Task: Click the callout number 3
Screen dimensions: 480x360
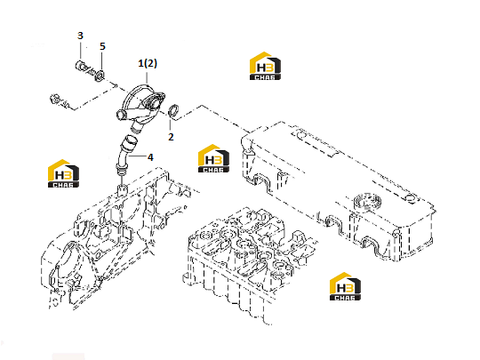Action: point(80,36)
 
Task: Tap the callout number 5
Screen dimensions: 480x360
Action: point(102,46)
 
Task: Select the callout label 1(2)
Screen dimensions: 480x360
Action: point(148,63)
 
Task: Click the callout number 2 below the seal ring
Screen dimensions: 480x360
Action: point(171,137)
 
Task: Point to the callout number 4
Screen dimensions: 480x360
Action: point(150,157)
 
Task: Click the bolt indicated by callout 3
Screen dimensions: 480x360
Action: point(84,68)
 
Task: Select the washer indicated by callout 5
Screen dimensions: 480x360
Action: point(100,76)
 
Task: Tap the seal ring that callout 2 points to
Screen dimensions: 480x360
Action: point(174,110)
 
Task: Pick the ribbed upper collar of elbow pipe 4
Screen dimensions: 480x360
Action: point(130,141)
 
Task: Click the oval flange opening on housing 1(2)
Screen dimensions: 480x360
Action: point(156,100)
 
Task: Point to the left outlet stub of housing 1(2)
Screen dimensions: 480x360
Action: point(121,115)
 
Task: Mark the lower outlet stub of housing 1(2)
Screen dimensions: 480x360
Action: point(136,127)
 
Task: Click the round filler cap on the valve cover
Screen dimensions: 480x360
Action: point(368,201)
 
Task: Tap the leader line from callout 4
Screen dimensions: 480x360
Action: point(138,156)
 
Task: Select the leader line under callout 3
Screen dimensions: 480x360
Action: point(81,51)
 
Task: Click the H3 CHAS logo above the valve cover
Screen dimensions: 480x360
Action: point(265,66)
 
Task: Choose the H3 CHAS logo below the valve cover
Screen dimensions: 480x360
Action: point(345,286)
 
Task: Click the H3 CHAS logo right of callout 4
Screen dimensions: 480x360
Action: point(213,158)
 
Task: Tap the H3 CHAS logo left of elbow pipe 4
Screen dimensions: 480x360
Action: point(63,173)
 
